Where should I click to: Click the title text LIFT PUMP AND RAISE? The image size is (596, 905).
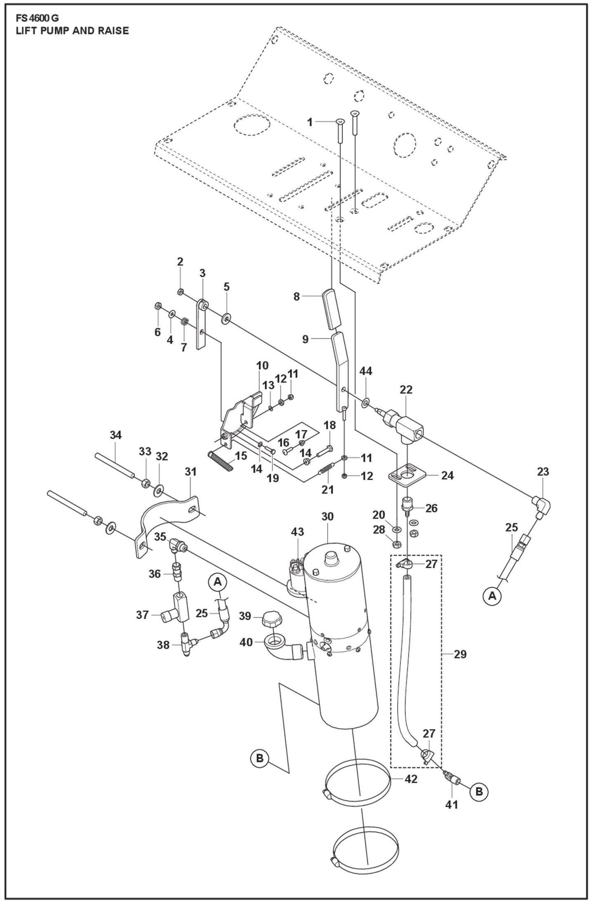(72, 31)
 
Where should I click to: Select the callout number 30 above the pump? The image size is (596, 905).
(327, 516)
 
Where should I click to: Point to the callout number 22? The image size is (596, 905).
(406, 389)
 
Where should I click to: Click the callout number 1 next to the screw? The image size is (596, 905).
(310, 122)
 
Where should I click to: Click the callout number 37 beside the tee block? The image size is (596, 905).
(142, 627)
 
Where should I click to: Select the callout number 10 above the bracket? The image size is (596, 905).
(262, 365)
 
